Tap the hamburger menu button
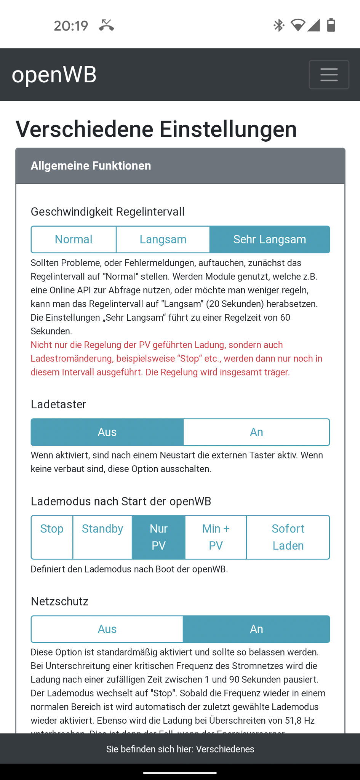pos(329,75)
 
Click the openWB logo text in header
pos(54,75)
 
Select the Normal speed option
pos(74,240)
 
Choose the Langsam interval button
pos(163,240)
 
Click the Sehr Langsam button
pos(269,240)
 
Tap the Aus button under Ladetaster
pos(107,432)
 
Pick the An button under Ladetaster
pos(256,432)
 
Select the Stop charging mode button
pos(52,537)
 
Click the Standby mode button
pos(102,537)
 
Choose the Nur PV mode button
pos(158,537)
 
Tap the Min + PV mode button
pos(216,537)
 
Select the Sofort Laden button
pos(288,537)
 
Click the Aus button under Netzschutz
pos(107,629)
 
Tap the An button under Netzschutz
pos(256,629)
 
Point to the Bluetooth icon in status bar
pos(279,26)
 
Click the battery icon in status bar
pos(331,25)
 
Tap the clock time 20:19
pos(71,26)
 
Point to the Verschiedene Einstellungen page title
pos(156,129)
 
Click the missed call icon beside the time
pos(106,26)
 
